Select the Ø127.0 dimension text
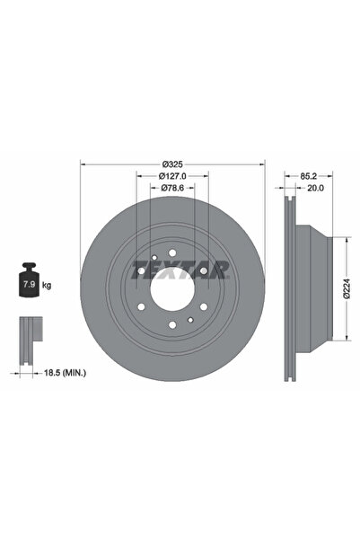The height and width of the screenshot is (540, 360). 173,177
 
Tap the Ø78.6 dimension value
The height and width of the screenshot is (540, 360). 173,190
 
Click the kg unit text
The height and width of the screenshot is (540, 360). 47,285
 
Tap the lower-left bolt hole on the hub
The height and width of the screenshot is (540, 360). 142,307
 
